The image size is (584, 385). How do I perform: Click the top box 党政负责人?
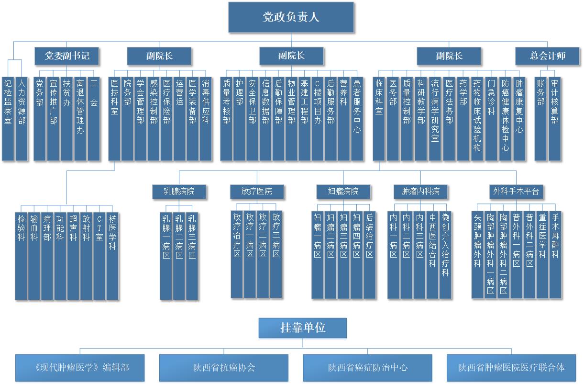291,18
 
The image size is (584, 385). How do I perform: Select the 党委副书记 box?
67,56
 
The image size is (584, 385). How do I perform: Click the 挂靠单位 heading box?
302,328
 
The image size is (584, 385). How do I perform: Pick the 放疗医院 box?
257,192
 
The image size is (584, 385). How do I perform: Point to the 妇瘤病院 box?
343,192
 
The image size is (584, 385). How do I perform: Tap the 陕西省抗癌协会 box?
223,368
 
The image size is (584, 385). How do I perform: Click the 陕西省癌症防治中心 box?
367,368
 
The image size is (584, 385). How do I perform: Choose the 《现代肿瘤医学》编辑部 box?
80,368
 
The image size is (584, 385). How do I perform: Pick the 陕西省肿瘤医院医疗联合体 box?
511,368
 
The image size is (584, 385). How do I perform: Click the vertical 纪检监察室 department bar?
8,118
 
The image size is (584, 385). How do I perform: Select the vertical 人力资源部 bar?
22,118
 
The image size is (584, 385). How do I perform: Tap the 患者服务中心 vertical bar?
357,118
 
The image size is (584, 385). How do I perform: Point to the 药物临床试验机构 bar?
477,118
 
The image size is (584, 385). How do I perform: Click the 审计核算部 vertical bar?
554,118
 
